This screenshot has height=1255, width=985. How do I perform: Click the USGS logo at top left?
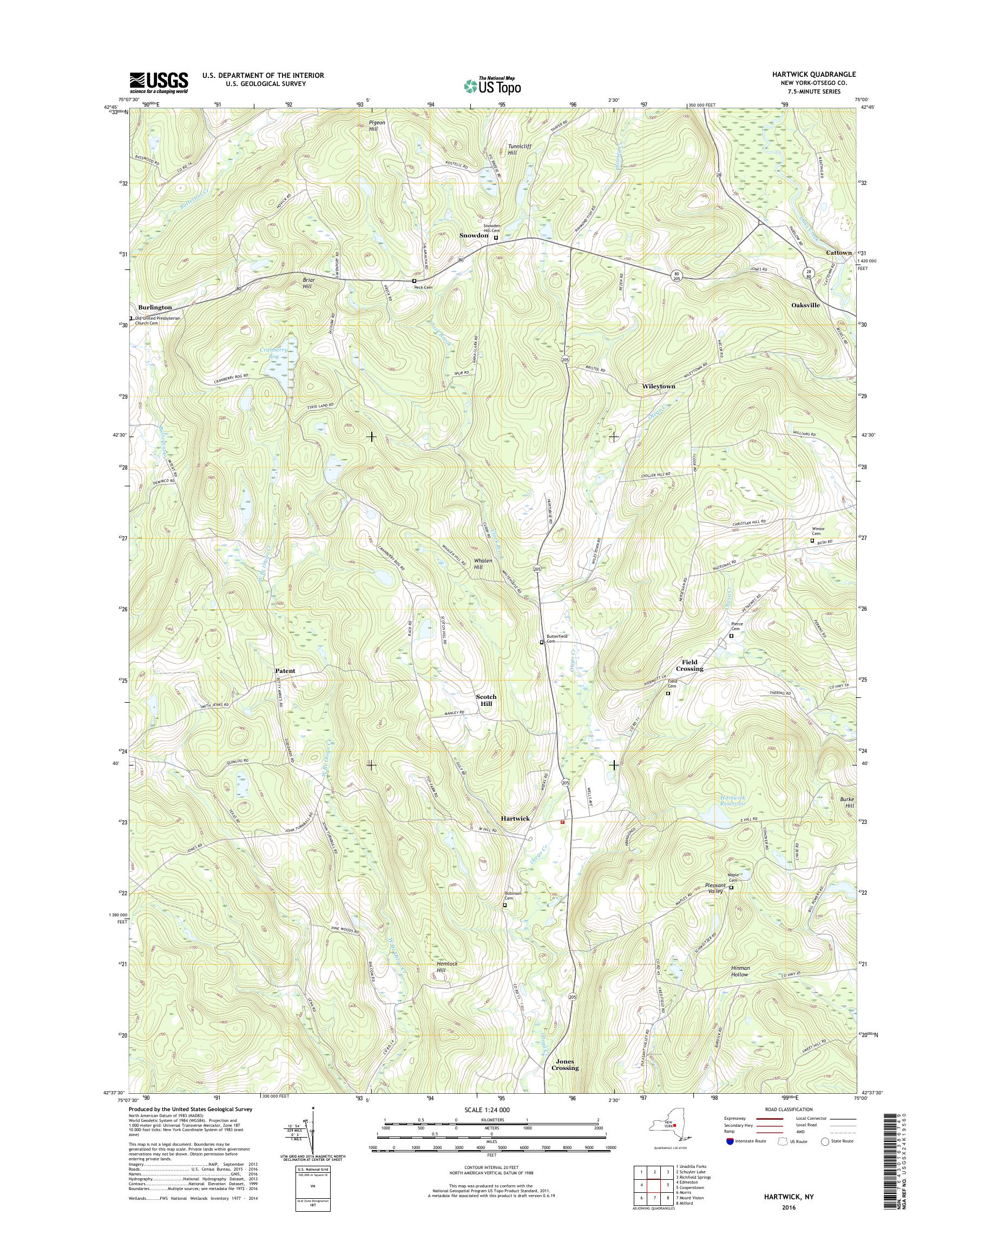pyautogui.click(x=159, y=82)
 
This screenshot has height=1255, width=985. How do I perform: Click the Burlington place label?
pyautogui.click(x=155, y=308)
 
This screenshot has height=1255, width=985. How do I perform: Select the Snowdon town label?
pyautogui.click(x=474, y=236)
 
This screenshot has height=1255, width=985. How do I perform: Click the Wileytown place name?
pyautogui.click(x=659, y=386)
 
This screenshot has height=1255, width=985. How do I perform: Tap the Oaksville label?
pyautogui.click(x=806, y=305)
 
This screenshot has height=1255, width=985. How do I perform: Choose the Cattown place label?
pyautogui.click(x=838, y=253)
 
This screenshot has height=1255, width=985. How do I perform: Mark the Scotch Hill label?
pyautogui.click(x=486, y=700)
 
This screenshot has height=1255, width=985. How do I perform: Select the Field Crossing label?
pyautogui.click(x=689, y=665)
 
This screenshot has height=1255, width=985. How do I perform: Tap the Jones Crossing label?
pyautogui.click(x=564, y=1064)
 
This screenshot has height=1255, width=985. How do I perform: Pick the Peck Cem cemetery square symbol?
pyautogui.click(x=414, y=281)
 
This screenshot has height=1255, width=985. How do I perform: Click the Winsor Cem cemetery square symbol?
pyautogui.click(x=812, y=541)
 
